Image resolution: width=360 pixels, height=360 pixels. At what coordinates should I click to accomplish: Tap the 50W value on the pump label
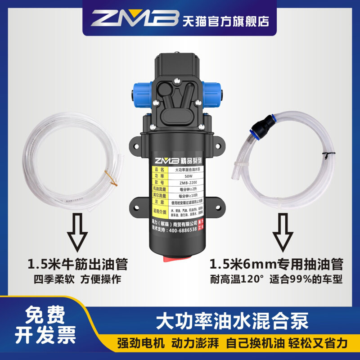tap(182, 176)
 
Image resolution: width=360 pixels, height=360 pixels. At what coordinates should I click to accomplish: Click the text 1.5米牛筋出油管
tap(77, 263)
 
